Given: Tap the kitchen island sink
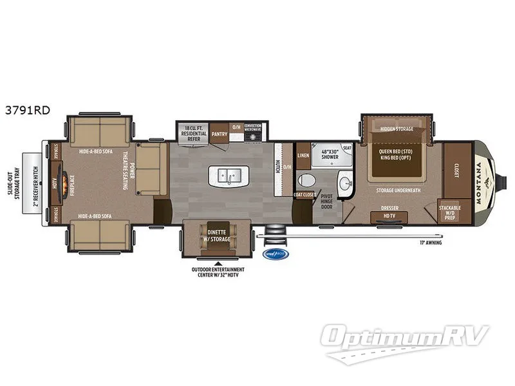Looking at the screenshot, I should click(229, 174).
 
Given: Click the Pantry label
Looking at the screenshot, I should click(219, 134).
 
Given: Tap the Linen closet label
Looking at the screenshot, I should click(303, 156).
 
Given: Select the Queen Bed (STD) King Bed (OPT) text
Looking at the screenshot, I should click(395, 154).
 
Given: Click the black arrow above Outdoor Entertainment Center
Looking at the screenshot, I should click(219, 262).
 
